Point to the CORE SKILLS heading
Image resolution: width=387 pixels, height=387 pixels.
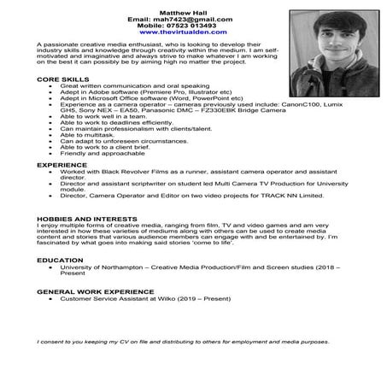(x=62, y=79)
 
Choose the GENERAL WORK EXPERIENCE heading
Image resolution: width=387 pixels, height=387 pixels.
(x=97, y=291)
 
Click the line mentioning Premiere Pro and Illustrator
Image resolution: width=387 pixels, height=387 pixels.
(x=137, y=91)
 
